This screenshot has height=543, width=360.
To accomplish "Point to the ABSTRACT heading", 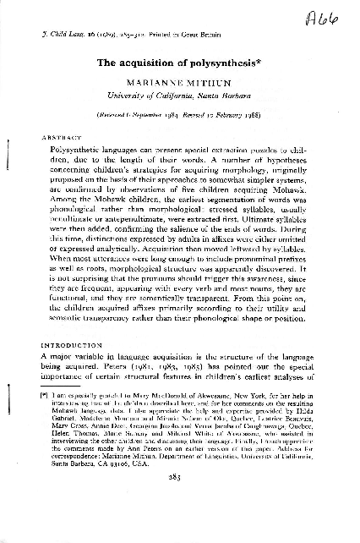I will [57, 136].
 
